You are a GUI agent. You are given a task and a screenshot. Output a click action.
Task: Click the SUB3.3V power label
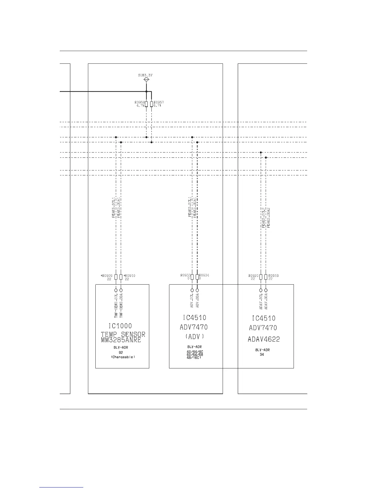tap(145, 75)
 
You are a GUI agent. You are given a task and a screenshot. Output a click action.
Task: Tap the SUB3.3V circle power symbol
tap(146, 80)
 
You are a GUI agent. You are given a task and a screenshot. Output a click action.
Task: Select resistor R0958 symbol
tap(146, 104)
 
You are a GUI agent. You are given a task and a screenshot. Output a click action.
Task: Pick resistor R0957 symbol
tap(151, 104)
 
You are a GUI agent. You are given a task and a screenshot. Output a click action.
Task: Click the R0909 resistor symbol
tap(116, 277)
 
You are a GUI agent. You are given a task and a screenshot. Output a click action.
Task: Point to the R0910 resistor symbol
tap(121, 277)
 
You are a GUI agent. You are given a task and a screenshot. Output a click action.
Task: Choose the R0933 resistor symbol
tap(192, 277)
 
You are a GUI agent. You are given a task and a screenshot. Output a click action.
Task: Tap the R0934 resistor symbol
tap(197, 277)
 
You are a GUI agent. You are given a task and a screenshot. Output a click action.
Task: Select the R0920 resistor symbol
tap(261, 277)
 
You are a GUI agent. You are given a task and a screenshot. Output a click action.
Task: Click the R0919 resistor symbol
tap(266, 277)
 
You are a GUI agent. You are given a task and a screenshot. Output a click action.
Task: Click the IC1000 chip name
tap(120, 326)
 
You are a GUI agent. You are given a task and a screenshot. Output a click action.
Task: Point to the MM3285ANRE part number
tap(121, 340)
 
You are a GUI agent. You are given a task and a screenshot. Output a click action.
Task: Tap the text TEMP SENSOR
tap(123, 334)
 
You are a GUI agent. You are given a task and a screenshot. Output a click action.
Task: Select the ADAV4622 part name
tap(264, 339)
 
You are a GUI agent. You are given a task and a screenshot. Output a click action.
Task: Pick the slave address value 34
tap(262, 355)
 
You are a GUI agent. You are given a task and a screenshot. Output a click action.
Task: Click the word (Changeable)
tap(123, 357)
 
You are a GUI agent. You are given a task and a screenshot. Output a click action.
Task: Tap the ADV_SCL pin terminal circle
tap(192, 290)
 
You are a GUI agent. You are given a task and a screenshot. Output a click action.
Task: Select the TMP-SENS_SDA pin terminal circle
tap(121, 290)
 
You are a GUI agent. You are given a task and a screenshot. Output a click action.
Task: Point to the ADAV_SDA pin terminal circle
tap(266, 290)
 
